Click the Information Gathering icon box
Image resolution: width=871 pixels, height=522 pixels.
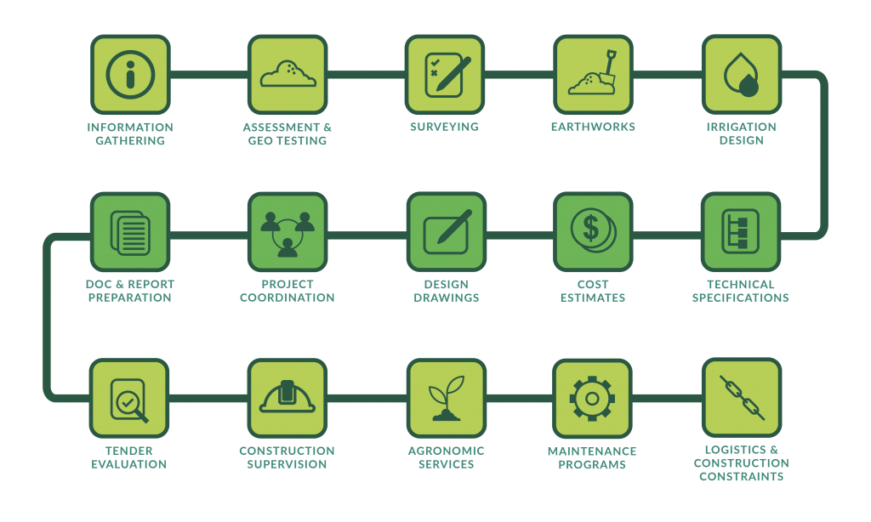130,75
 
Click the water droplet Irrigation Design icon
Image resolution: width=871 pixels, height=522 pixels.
742,75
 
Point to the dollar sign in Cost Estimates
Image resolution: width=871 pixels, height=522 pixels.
591,227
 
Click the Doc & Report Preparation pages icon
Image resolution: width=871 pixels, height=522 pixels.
130,232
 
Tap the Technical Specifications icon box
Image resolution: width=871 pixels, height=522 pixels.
741,231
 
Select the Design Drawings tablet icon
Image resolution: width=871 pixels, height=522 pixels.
447,231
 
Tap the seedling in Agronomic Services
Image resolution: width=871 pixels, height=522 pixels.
446,398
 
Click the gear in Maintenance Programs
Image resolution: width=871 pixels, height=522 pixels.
592,398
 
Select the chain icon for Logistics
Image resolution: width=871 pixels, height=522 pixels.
742,398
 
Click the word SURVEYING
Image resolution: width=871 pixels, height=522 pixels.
444,127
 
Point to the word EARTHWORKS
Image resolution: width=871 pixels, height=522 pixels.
593,127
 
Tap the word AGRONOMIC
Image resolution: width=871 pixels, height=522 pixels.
446,451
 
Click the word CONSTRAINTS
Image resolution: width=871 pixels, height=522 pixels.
742,476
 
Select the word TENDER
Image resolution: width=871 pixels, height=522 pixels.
129,451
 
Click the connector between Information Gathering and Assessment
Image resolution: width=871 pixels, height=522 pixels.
209,75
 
